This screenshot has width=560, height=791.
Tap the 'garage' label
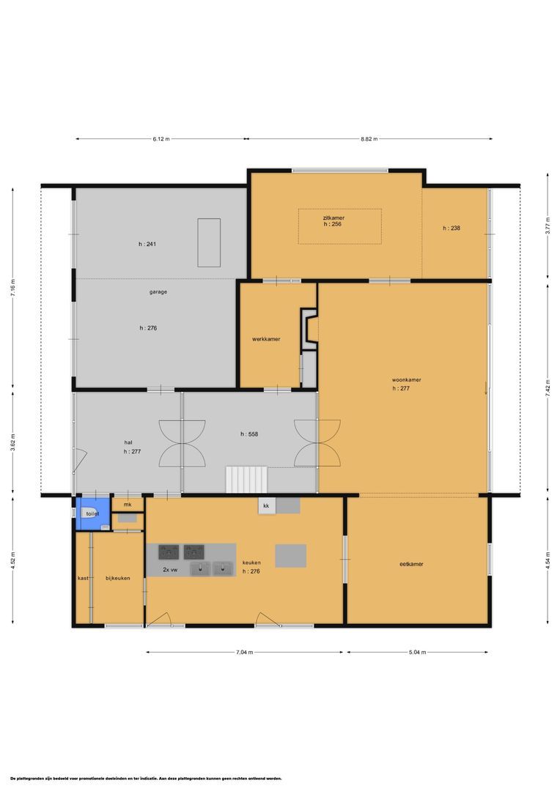point(158,291)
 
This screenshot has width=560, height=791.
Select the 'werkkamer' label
point(266,338)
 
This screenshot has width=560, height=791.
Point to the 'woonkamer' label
point(406,380)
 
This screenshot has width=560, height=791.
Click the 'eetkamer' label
point(411,564)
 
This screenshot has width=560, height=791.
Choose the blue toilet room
point(92,513)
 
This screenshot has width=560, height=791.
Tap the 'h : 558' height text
point(249,434)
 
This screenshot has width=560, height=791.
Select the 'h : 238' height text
point(452,229)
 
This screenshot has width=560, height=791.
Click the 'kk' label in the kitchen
point(266,506)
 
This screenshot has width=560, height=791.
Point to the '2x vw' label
point(172,569)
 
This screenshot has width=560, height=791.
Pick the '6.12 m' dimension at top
point(161,138)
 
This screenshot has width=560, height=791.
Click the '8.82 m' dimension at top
point(369,138)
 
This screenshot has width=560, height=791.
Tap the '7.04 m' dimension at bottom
point(246,652)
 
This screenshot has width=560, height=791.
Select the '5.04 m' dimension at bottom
point(418,652)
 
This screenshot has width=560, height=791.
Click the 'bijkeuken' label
point(117,578)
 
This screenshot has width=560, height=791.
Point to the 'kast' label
point(83,578)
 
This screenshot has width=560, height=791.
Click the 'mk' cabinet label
point(128,505)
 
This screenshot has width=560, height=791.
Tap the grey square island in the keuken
point(290,556)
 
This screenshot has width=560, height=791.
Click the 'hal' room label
point(128,442)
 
